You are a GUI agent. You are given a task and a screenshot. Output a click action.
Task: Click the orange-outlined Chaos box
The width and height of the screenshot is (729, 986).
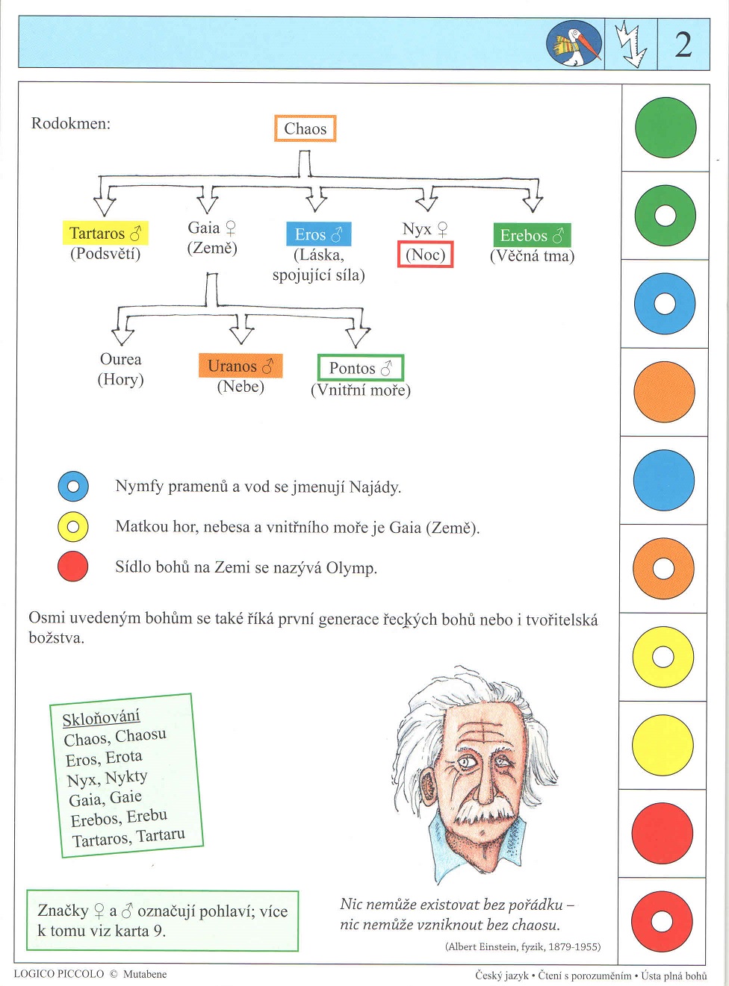tap(305, 128)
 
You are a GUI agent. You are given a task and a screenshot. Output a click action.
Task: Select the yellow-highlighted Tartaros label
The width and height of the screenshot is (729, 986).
tap(105, 234)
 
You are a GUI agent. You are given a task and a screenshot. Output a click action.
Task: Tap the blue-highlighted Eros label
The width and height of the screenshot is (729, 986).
tap(318, 234)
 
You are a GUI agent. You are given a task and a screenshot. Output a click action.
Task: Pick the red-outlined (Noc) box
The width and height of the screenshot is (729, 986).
tap(425, 255)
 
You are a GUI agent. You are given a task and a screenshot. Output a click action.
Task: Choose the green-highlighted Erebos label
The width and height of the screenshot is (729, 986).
tap(532, 236)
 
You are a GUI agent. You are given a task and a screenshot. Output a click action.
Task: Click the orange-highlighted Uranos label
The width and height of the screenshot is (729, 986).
tap(240, 366)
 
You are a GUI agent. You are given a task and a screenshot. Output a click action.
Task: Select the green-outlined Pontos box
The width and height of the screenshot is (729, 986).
tap(361, 368)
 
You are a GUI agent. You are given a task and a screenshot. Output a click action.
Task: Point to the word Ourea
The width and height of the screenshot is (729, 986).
tap(120, 359)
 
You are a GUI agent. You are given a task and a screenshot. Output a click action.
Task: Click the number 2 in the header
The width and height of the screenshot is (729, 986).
tap(683, 45)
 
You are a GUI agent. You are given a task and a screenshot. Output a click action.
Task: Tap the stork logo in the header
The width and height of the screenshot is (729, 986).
tap(574, 44)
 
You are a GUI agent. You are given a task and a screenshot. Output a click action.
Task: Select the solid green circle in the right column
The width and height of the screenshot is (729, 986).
tap(665, 128)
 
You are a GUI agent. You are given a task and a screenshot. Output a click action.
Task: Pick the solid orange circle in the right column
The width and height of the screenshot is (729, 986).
tap(664, 392)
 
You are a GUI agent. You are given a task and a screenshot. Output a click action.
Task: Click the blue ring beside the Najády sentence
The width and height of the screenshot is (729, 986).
tap(73, 487)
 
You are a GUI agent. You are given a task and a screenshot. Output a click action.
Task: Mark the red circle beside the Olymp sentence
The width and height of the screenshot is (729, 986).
tap(73, 567)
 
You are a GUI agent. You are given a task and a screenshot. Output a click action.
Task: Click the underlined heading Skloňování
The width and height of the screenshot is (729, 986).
tap(101, 718)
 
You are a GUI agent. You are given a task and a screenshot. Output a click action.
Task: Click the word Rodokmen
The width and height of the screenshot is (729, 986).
tap(70, 123)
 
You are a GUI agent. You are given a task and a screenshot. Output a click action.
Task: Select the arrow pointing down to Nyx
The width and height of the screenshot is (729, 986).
tap(426, 199)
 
